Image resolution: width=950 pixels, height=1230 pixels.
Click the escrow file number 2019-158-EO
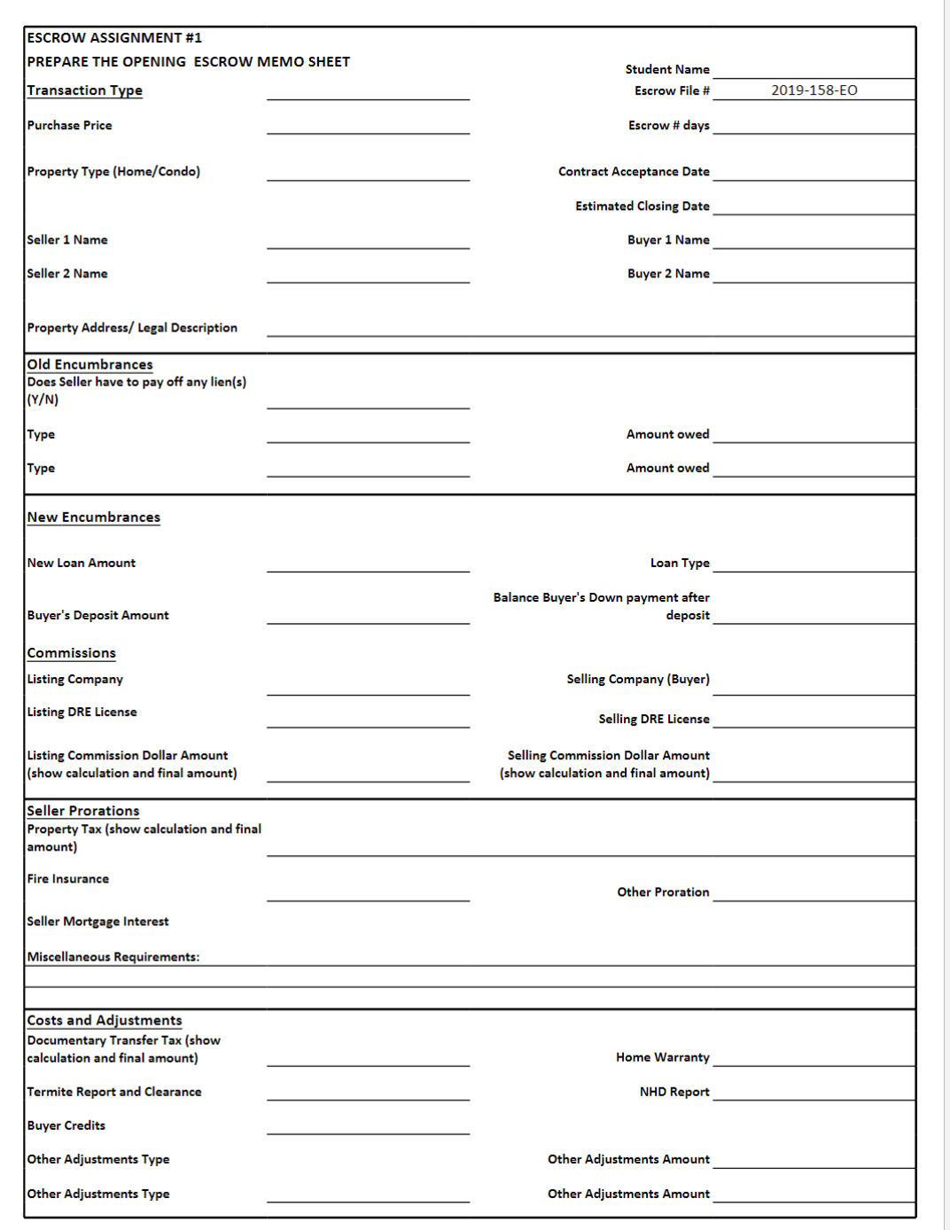click(x=814, y=90)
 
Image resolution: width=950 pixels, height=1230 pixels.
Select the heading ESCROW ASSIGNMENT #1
click(x=114, y=38)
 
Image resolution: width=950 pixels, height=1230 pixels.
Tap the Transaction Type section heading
click(x=84, y=90)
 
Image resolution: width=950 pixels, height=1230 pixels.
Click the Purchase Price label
click(x=69, y=125)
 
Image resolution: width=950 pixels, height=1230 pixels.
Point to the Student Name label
click(x=666, y=69)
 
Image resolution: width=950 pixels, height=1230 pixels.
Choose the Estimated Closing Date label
click(x=642, y=206)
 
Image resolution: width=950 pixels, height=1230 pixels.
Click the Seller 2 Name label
click(x=67, y=274)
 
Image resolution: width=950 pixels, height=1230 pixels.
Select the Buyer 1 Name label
click(x=668, y=239)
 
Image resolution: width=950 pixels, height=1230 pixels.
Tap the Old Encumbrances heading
click(x=90, y=364)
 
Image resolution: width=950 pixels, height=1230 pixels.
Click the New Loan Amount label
click(x=81, y=563)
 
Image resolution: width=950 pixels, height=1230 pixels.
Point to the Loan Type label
click(x=680, y=563)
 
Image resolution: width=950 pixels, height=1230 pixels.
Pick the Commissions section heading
click(x=71, y=653)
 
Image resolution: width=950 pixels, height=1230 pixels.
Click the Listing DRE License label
click(x=82, y=712)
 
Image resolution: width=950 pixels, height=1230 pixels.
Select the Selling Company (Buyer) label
click(x=638, y=679)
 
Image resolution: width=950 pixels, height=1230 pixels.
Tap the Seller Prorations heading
click(x=83, y=811)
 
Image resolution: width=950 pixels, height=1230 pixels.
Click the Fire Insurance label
click(x=67, y=878)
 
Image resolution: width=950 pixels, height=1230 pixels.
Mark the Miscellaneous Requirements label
click(x=113, y=957)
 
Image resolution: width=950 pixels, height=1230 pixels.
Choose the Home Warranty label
click(x=662, y=1057)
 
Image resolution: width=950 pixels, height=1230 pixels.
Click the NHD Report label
click(x=674, y=1092)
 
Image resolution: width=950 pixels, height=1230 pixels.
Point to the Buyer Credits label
click(x=66, y=1125)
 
